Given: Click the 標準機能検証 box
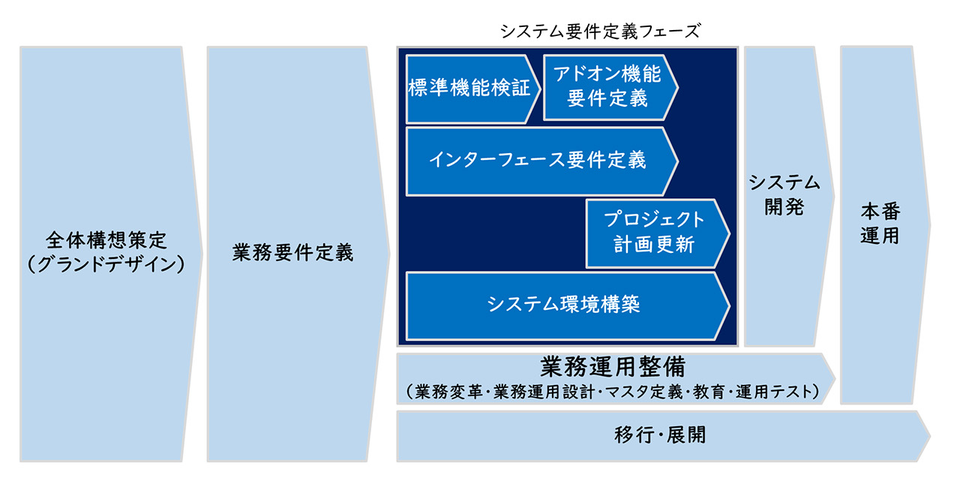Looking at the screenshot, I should point(469,89).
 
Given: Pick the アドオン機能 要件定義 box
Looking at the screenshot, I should point(607,86).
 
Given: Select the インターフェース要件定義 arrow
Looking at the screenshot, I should point(537,161).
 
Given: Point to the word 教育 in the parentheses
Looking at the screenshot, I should point(710,392).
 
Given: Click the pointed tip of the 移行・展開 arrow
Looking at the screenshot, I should point(928,435).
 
